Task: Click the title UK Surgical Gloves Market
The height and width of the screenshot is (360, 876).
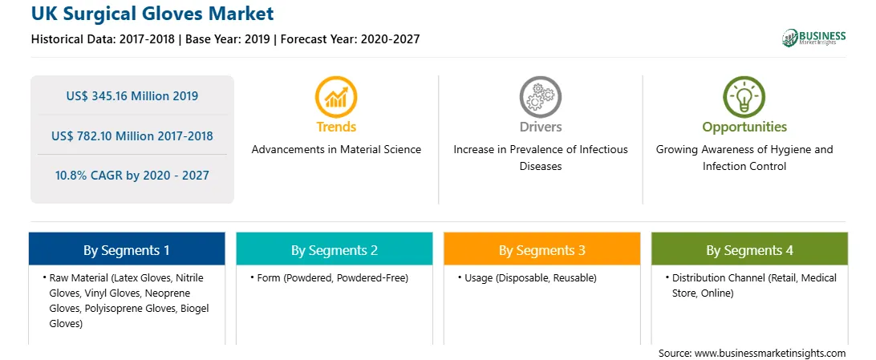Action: pyautogui.click(x=152, y=14)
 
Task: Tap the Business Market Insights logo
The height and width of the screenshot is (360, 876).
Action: pyautogui.click(x=813, y=38)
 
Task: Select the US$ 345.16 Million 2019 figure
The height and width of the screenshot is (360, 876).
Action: pyautogui.click(x=132, y=96)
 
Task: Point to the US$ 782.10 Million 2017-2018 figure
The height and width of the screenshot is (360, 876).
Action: pyautogui.click(x=132, y=136)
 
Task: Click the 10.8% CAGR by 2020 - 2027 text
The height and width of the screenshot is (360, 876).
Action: pyautogui.click(x=132, y=176)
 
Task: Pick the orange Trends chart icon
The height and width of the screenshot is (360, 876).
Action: pyautogui.click(x=336, y=97)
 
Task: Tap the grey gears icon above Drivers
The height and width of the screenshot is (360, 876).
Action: pyautogui.click(x=540, y=97)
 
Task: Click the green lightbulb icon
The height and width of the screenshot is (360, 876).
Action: pyautogui.click(x=744, y=97)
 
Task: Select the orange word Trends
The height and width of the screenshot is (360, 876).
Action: pyautogui.click(x=336, y=127)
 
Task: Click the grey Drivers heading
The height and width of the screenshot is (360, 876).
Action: pyautogui.click(x=540, y=127)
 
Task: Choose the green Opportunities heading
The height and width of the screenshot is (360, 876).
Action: pyautogui.click(x=744, y=127)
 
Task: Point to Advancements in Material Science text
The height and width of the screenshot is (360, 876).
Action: pyautogui.click(x=336, y=150)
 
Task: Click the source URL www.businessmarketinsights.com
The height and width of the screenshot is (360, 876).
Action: pyautogui.click(x=769, y=354)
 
